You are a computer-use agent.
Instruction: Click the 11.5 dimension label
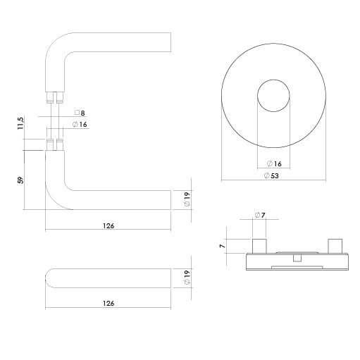(x=20, y=123)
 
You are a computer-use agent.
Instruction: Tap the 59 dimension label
(x=20, y=180)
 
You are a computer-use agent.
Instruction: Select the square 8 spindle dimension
(x=80, y=113)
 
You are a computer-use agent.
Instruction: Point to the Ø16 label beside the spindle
(x=80, y=124)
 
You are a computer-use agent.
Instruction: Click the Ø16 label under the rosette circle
(x=274, y=163)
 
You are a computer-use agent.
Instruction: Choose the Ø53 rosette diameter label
(x=271, y=175)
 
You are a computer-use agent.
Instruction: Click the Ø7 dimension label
(x=260, y=215)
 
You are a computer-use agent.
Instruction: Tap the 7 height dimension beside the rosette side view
(x=222, y=246)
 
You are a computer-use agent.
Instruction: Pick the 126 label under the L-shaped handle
(x=108, y=226)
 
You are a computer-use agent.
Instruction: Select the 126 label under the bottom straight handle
(x=108, y=304)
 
